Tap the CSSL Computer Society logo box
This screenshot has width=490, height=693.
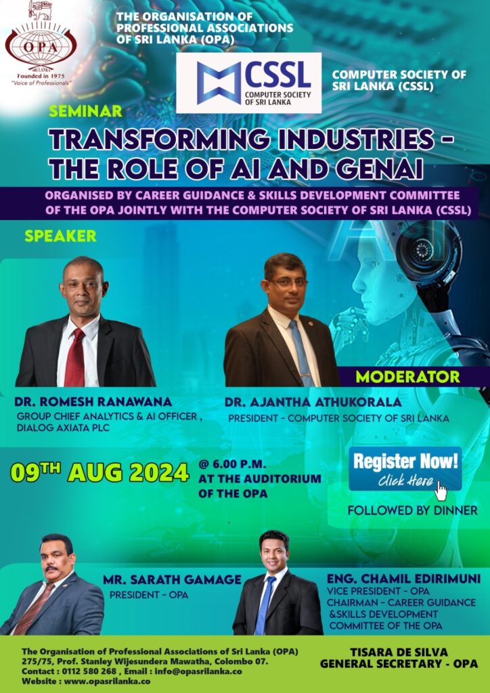[249, 83]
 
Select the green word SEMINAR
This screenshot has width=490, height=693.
[86, 111]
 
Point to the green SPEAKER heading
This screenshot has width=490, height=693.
[60, 236]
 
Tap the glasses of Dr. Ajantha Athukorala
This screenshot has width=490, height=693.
[288, 283]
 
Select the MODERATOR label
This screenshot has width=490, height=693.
[408, 376]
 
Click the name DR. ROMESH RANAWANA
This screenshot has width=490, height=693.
[93, 402]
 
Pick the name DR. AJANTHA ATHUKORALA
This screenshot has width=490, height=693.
[313, 402]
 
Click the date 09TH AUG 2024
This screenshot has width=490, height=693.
[100, 472]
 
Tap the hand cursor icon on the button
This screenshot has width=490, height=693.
[441, 490]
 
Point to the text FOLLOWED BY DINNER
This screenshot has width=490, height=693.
[413, 510]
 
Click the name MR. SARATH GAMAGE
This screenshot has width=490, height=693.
[173, 579]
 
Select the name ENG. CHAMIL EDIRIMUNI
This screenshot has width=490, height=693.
[403, 579]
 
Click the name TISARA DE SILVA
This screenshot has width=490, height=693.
[399, 652]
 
